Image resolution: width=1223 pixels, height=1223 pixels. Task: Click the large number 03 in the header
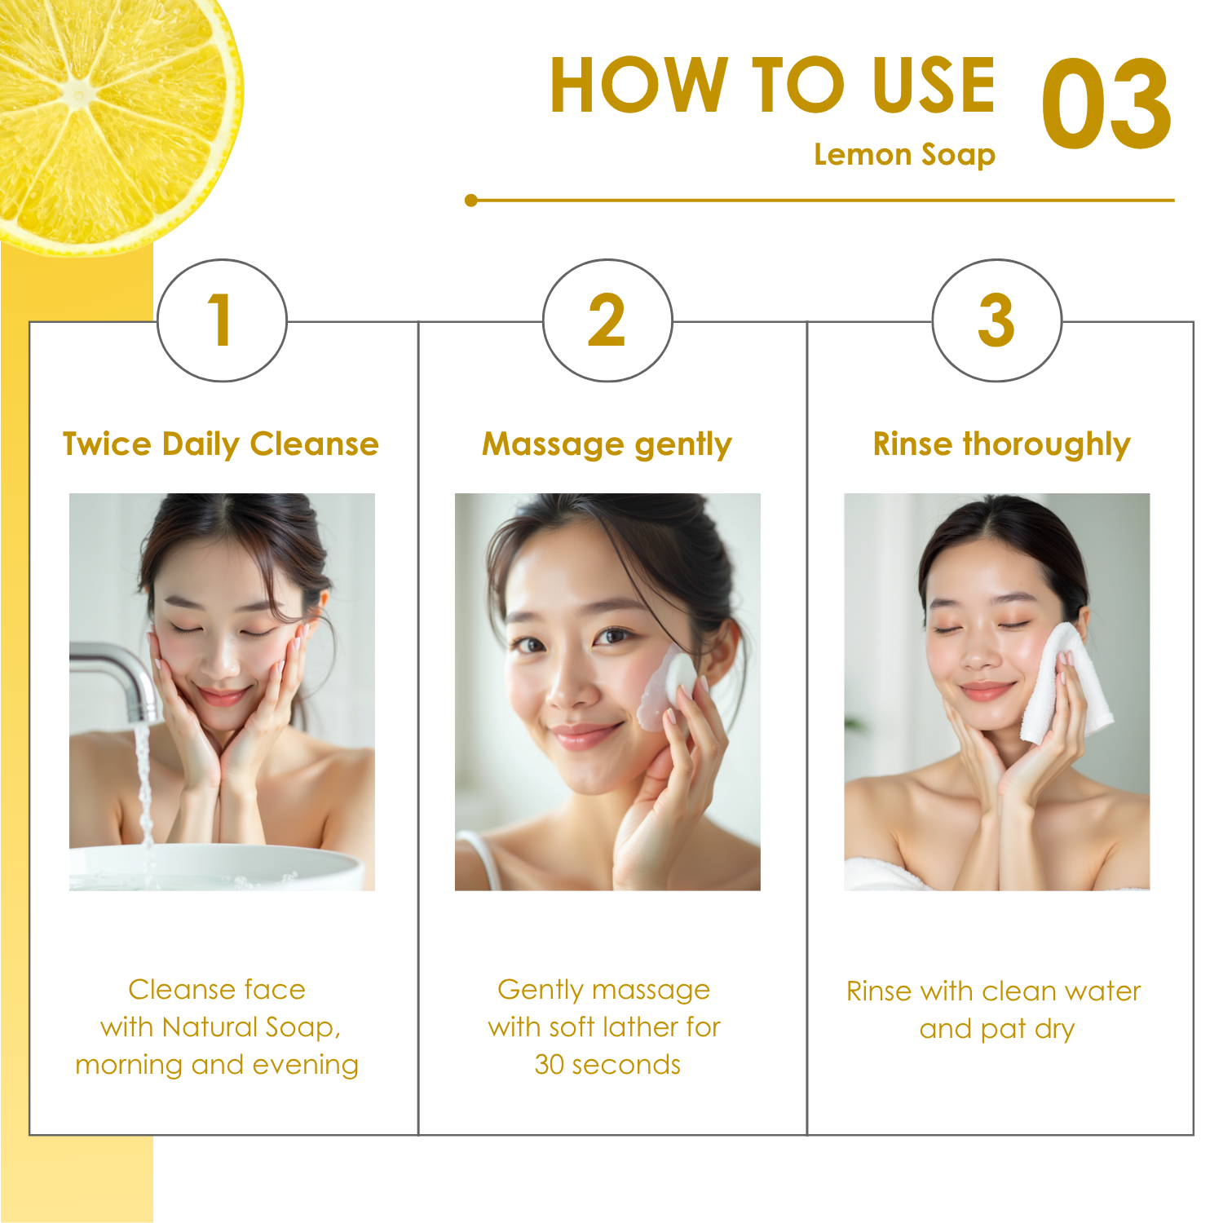[1106, 104]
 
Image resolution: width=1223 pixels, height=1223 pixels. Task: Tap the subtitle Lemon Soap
[904, 154]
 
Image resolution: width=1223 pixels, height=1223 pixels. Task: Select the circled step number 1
[222, 320]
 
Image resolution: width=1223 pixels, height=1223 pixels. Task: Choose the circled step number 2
[607, 320]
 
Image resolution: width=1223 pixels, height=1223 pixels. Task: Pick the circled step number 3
[996, 320]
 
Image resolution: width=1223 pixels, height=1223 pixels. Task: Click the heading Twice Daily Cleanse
[221, 444]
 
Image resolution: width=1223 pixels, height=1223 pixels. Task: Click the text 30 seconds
[607, 1064]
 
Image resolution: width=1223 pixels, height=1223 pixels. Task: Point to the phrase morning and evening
[217, 1065]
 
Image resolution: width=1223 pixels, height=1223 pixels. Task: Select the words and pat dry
[996, 1029]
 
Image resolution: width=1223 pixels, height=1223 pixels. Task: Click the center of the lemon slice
[77, 94]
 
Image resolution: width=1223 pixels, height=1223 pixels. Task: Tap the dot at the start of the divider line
[470, 201]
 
